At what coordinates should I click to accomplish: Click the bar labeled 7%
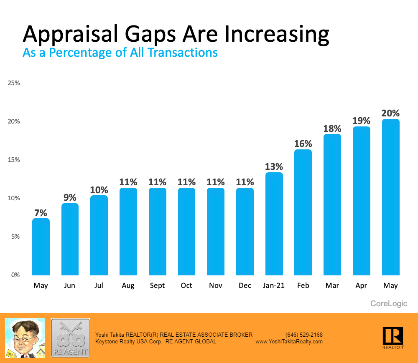(x=41, y=246)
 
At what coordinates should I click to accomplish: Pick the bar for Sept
(x=157, y=231)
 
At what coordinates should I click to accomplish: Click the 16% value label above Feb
(x=303, y=144)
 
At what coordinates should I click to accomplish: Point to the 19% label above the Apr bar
(x=362, y=121)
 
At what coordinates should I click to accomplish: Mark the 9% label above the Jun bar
(x=70, y=197)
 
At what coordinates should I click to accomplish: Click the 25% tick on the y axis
(x=14, y=83)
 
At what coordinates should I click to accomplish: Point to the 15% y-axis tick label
(x=14, y=160)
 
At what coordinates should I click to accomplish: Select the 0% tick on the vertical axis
(x=15, y=275)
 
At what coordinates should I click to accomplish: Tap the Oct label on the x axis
(x=186, y=286)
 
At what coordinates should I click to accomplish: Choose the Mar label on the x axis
(x=332, y=286)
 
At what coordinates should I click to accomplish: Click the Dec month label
(x=245, y=286)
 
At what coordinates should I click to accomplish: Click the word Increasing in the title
(x=277, y=34)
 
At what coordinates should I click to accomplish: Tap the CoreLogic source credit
(x=389, y=304)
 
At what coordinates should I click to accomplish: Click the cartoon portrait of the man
(x=25, y=338)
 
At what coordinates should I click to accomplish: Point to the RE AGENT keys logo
(x=70, y=338)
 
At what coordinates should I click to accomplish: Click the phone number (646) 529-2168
(x=304, y=335)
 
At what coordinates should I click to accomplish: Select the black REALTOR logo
(x=393, y=337)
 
